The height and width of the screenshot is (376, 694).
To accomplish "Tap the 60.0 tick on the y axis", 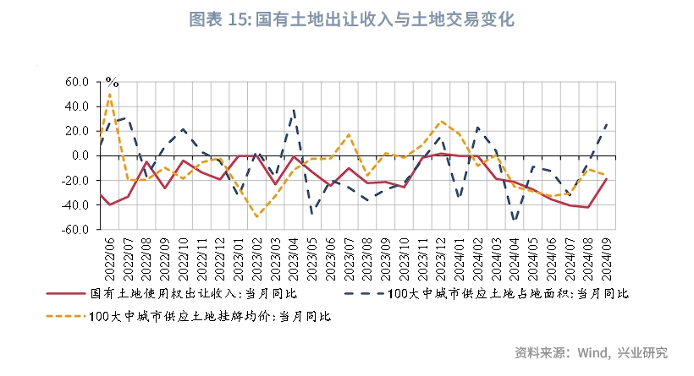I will pos(76,83).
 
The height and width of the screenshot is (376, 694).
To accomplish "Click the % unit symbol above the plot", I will pos(112,83).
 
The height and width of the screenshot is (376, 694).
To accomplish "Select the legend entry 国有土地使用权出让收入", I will pos(194,293).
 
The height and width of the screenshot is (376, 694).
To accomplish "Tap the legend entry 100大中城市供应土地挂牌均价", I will pos(208,316).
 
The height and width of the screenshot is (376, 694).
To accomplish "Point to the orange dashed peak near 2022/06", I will pos(110,93).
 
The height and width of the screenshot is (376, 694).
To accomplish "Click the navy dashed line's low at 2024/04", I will pos(515,221).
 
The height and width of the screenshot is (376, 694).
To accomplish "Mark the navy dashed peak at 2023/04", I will pos(294,110).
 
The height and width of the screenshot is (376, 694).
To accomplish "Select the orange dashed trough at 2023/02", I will pos(257,217).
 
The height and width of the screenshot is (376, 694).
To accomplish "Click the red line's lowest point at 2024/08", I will pos(588,207).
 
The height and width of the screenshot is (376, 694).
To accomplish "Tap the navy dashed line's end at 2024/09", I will pos(607,124).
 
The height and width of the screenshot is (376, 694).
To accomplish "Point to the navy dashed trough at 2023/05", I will pos(312,213).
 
